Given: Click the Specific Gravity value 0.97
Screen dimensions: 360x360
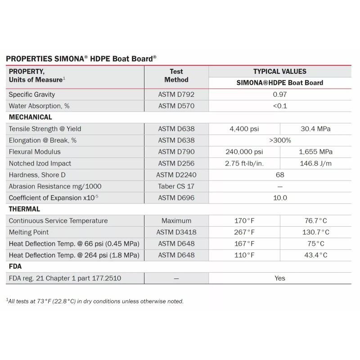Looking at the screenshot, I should click(279, 94).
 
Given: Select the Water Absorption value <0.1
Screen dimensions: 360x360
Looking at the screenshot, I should click(279, 106).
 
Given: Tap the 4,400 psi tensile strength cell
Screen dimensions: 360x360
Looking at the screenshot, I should click(244, 129).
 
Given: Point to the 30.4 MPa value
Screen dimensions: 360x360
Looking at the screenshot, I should click(315, 129).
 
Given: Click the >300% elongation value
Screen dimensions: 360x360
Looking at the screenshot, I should click(279, 140).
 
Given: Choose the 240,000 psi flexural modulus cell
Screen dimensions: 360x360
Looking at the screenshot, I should click(244, 152).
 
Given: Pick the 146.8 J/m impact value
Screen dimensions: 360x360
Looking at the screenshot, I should click(315, 163).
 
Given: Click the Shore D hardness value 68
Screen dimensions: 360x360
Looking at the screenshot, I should click(279, 175).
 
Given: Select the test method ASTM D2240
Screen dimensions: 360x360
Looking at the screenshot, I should click(176, 175).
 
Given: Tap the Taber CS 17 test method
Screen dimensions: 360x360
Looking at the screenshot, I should click(176, 186).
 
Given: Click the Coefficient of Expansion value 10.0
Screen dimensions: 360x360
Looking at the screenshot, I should click(279, 198).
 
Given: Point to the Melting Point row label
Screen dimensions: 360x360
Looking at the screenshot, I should click(29, 232).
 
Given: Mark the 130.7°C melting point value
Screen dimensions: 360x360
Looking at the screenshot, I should click(315, 232).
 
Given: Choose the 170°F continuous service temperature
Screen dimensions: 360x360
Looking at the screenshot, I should click(244, 221).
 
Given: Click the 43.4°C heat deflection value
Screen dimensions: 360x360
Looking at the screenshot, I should click(315, 255).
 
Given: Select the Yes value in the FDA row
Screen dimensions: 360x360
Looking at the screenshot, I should click(279, 278).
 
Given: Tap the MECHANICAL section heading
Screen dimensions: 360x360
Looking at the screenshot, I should click(31, 117).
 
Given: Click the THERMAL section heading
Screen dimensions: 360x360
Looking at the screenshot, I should click(24, 209).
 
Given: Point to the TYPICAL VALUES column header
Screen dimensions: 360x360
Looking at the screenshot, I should click(279, 71).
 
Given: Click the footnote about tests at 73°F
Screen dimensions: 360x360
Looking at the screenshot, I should click(94, 301).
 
